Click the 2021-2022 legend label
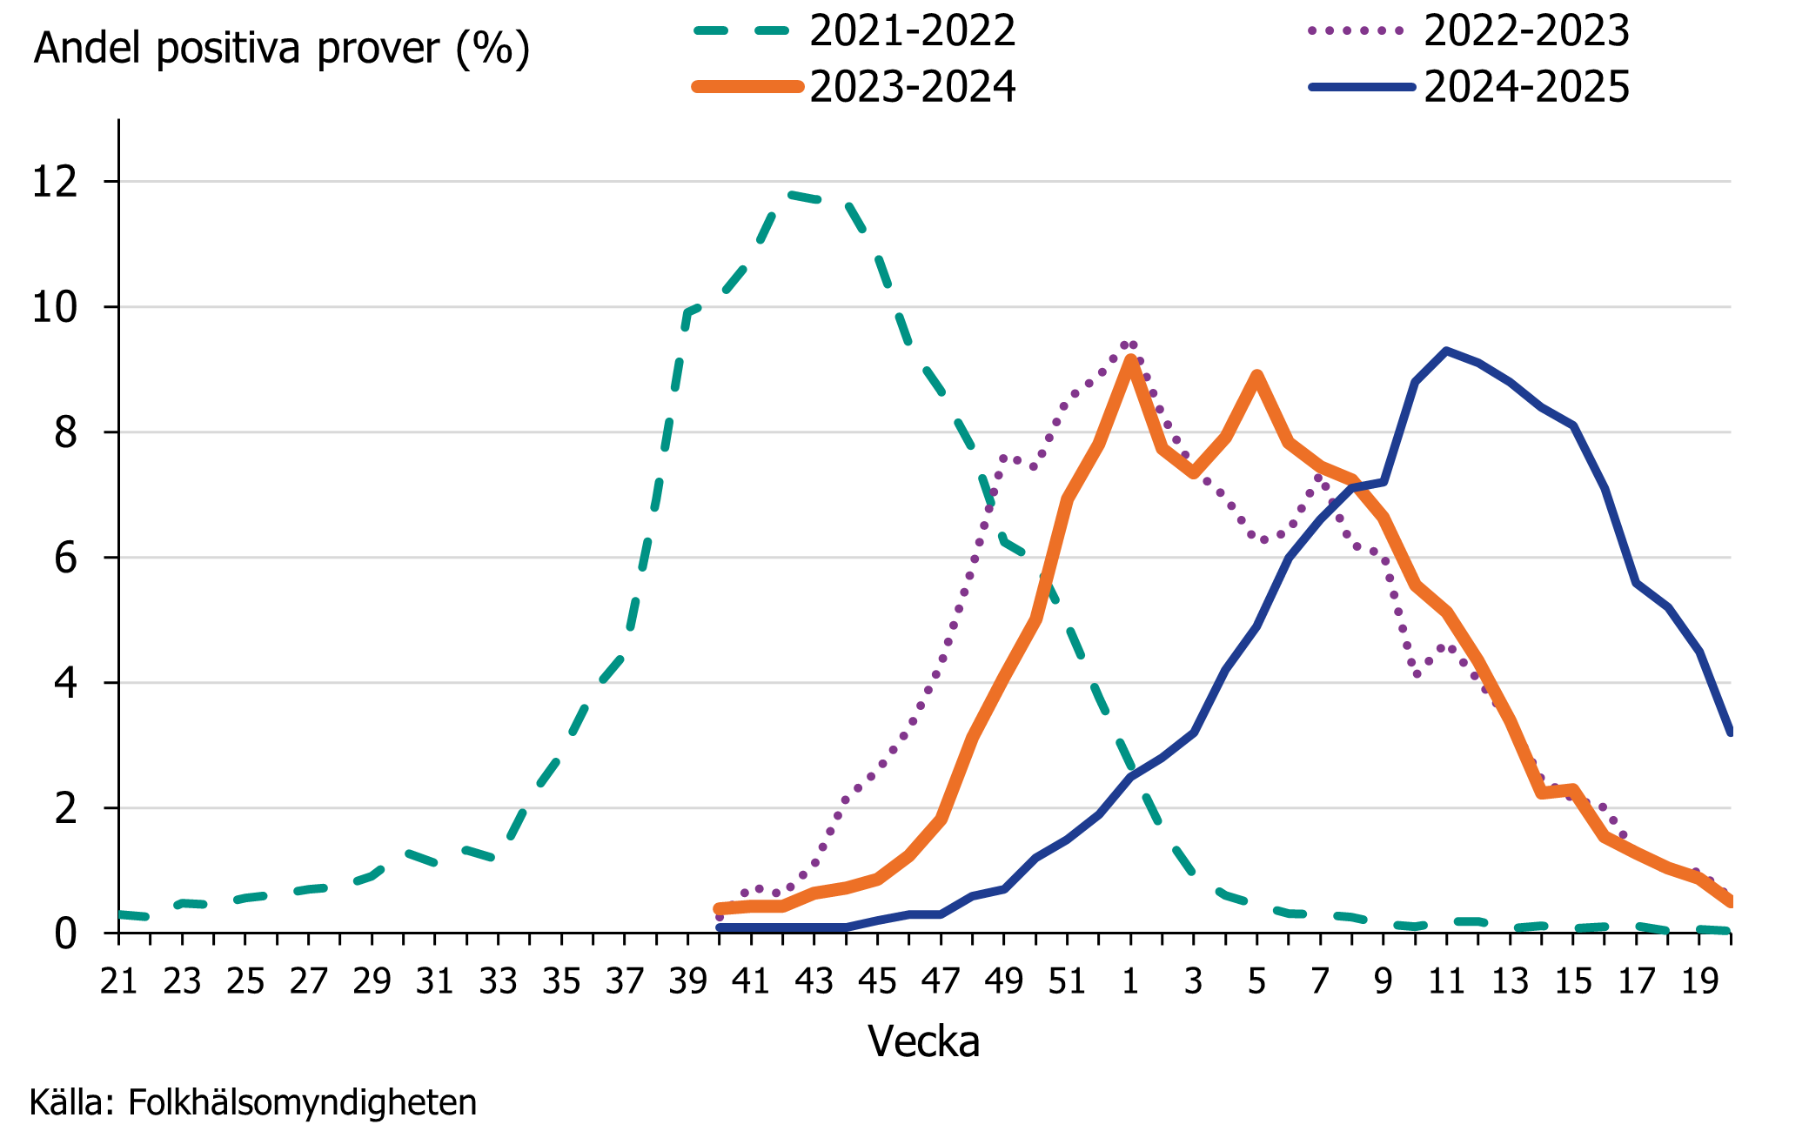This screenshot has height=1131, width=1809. point(912,31)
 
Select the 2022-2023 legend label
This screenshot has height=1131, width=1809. point(1526,31)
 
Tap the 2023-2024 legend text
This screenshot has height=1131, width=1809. point(912,87)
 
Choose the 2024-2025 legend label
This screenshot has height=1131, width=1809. point(1526,87)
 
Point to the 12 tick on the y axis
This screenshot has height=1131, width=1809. point(54,182)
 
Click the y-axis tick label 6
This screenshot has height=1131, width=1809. point(65,558)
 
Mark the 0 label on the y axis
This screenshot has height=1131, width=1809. point(65,934)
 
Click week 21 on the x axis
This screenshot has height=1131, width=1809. point(119,981)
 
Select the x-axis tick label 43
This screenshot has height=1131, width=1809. point(814,981)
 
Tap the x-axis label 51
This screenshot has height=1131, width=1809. point(1067,981)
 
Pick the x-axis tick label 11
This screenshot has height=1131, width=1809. point(1446,981)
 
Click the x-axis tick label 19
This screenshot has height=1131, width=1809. point(1699,981)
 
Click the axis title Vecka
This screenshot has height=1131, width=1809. point(923,1041)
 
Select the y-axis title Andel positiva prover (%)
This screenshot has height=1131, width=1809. point(281,49)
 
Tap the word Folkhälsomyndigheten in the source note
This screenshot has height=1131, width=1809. point(302,1102)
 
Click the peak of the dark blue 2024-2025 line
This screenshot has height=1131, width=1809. point(1446,351)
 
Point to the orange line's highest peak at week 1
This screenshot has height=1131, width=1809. point(1130,359)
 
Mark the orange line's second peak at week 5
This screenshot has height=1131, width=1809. point(1256,375)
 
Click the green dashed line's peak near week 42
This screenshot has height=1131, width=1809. point(789,193)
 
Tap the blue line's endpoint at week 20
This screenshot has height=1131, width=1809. point(1730,732)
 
